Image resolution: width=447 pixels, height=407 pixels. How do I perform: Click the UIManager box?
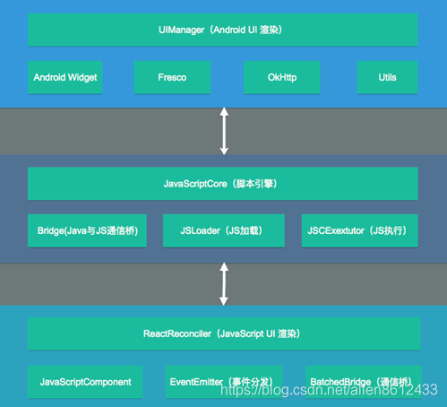pyautogui.click(x=223, y=30)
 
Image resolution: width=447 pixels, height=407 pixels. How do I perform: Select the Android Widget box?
pyautogui.click(x=65, y=77)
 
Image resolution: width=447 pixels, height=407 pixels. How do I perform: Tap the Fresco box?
pyautogui.click(x=172, y=77)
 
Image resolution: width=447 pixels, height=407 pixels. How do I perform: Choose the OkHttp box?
pyautogui.click(x=282, y=77)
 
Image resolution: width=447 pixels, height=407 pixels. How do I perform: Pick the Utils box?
pyautogui.click(x=387, y=77)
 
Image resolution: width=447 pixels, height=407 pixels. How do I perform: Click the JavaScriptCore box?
pyautogui.click(x=223, y=184)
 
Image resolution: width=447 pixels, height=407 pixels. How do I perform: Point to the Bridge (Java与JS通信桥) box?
pyautogui.click(x=87, y=230)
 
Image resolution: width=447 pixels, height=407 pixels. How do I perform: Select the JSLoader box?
pyautogui.click(x=224, y=230)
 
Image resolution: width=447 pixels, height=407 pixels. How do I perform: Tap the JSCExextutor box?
pyautogui.click(x=359, y=230)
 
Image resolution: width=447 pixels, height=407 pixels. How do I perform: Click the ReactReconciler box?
pyautogui.click(x=224, y=333)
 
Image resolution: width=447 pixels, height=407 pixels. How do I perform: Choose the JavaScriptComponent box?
pyautogui.click(x=85, y=382)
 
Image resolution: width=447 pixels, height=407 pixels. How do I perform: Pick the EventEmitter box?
pyautogui.click(x=224, y=382)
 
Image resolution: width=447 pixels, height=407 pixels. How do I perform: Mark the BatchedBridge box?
pyautogui.click(x=364, y=382)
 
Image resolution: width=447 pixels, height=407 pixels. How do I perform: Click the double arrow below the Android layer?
pyautogui.click(x=224, y=131)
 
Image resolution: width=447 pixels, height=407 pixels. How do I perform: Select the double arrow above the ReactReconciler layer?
pyautogui.click(x=224, y=284)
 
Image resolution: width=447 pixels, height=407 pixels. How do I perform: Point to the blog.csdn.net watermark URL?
pyautogui.click(x=329, y=390)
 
